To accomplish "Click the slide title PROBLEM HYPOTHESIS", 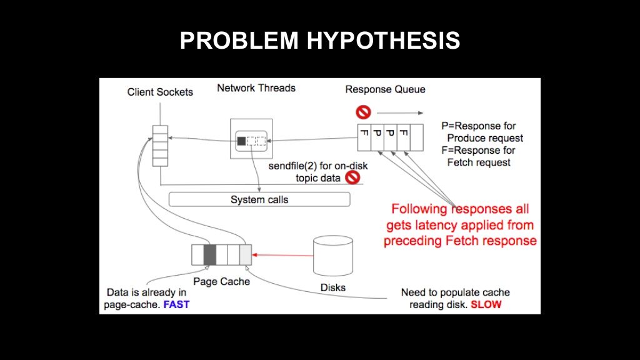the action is tap(320, 41).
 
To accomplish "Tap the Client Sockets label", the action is tap(160, 92).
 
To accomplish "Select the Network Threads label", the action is tap(256, 87).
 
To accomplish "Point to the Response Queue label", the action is tap(385, 89).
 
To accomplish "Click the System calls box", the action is tap(259, 199).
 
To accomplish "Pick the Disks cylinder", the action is tap(333, 256).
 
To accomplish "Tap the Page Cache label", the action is tap(221, 282).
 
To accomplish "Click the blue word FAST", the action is tap(176, 304).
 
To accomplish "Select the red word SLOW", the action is tap(486, 304).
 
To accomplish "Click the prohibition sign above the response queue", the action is tap(363, 112).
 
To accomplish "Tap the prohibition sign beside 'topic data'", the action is tap(352, 177).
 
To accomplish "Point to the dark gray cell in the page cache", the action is tap(210, 255).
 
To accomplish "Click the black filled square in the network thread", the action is tap(242, 141).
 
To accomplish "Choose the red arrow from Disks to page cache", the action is tap(282, 255).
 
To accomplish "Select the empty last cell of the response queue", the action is tap(417, 137).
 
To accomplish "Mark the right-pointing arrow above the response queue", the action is tap(400, 112).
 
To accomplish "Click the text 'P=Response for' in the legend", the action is tap(478, 126).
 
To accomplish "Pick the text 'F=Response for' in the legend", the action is tap(478, 150).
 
